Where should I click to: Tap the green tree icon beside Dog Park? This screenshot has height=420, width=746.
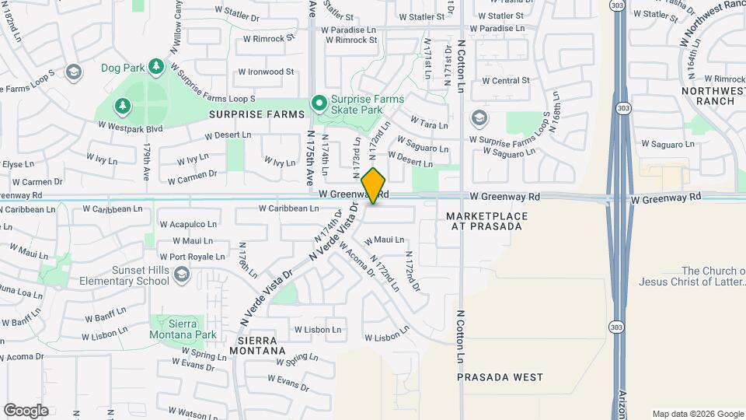(156, 67)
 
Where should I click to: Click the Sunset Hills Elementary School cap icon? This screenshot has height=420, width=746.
(182, 274)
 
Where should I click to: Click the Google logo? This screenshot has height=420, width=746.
(26, 410)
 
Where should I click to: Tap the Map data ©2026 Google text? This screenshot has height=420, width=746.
(697, 414)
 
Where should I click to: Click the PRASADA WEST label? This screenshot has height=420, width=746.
(500, 377)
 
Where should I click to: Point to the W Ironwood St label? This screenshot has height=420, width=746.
(266, 72)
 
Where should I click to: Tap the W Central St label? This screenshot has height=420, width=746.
(505, 80)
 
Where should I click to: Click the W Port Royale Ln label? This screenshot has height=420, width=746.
(192, 257)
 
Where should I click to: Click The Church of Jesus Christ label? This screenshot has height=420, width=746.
(692, 276)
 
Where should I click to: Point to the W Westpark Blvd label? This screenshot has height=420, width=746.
(129, 127)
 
